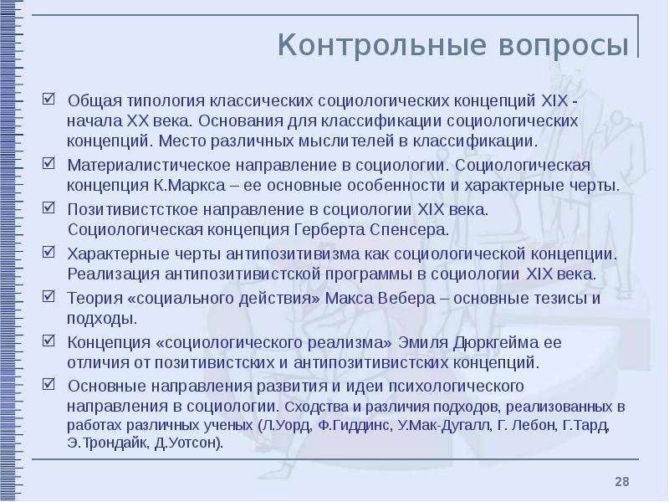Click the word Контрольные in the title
pyautogui.click(x=382, y=44)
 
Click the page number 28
pyautogui.click(x=621, y=482)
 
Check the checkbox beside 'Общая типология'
pyautogui.click(x=49, y=99)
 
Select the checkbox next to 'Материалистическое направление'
pyautogui.click(x=49, y=163)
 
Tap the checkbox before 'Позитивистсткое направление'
pyautogui.click(x=49, y=207)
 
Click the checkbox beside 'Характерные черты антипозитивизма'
pyautogui.click(x=49, y=252)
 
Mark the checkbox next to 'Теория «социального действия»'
pyautogui.click(x=49, y=296)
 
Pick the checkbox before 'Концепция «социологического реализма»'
pyautogui.click(x=49, y=341)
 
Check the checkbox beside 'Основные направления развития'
pyautogui.click(x=49, y=384)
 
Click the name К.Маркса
pyautogui.click(x=189, y=186)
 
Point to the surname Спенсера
pyautogui.click(x=409, y=230)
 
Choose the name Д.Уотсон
pyautogui.click(x=189, y=443)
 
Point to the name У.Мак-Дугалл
pyautogui.click(x=444, y=426)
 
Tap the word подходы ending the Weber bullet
pyautogui.click(x=102, y=319)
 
